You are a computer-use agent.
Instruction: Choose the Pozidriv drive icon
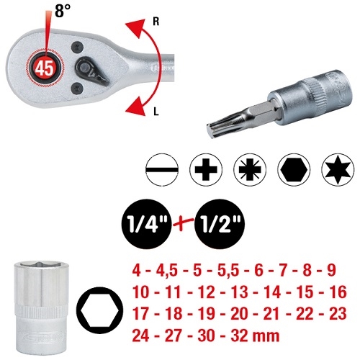[x=248, y=170]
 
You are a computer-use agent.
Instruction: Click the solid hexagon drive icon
[x=293, y=170]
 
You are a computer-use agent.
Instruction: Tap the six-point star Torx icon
[x=336, y=170]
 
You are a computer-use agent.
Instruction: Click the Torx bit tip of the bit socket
[x=219, y=124]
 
